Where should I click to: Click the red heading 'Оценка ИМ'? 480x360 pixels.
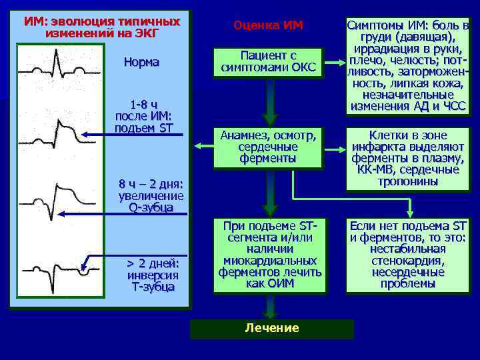tap(268, 25)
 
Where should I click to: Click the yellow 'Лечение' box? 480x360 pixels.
tap(272, 328)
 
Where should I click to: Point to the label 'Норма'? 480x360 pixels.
tap(141, 62)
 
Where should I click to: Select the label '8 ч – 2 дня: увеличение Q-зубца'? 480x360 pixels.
tap(151, 195)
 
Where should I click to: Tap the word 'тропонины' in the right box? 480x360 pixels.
tap(408, 181)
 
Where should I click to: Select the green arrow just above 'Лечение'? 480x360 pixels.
tap(269, 307)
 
